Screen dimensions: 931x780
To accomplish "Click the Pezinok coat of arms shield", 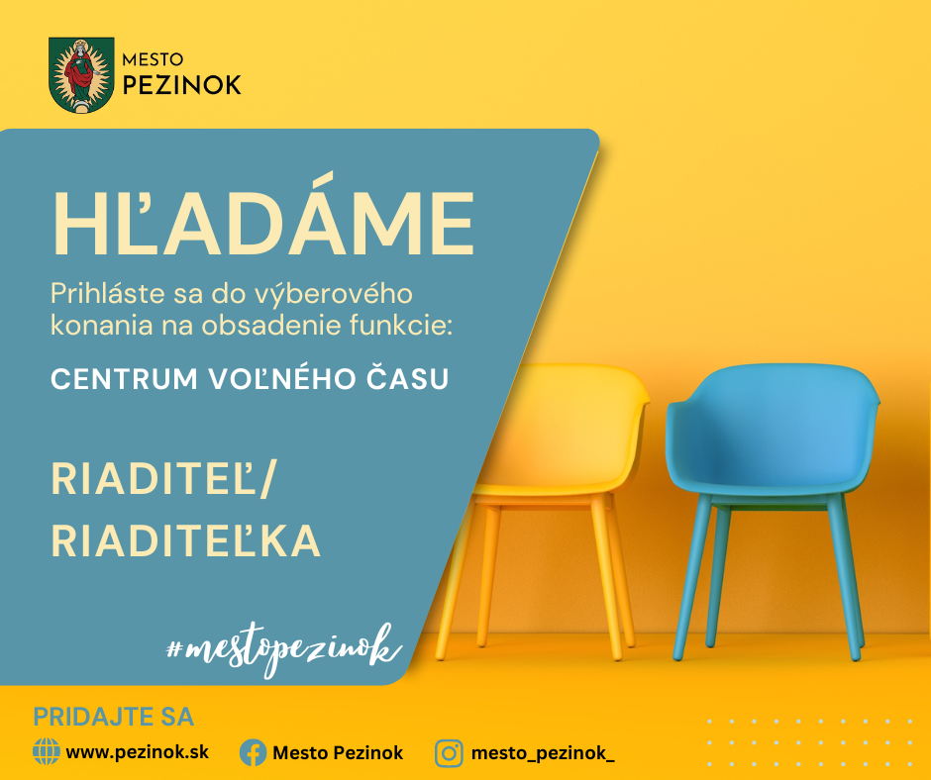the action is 81,75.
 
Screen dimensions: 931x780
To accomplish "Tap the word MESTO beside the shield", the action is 153,59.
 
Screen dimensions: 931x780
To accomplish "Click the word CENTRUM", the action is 124,379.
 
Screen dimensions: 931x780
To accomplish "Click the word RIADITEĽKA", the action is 186,539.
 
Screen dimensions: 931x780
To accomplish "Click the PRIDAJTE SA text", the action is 114,717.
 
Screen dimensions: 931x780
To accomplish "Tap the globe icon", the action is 47,751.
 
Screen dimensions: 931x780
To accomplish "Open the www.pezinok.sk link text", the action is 137,752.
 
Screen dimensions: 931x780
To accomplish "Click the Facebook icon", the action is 253,752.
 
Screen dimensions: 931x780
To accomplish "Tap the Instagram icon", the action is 449,753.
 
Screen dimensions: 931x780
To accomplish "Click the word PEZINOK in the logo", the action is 181,85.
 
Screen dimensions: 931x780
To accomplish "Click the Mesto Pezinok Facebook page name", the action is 338,753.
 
